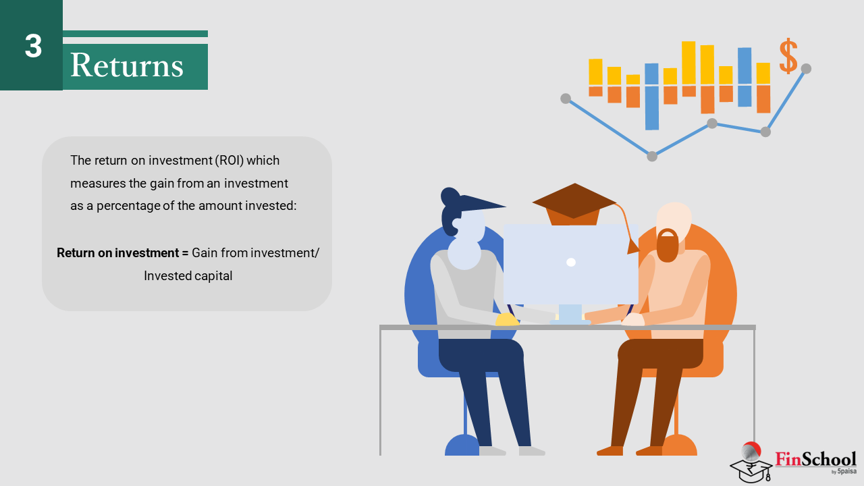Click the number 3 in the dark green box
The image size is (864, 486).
[33, 46]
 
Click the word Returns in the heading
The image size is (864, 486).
[126, 65]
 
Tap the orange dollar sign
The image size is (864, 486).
[788, 56]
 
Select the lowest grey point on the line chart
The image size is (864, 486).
[652, 156]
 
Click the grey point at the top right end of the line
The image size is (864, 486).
[806, 69]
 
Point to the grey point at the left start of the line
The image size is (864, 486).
[566, 99]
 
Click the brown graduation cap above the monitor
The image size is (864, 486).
[574, 204]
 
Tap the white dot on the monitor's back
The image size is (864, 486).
[571, 263]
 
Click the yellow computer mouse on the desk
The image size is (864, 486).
[506, 319]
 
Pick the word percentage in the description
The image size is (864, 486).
[128, 206]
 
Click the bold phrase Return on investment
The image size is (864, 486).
[117, 253]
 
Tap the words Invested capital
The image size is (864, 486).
[188, 276]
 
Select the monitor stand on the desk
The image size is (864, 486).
[570, 315]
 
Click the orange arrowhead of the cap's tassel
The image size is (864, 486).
[632, 246]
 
